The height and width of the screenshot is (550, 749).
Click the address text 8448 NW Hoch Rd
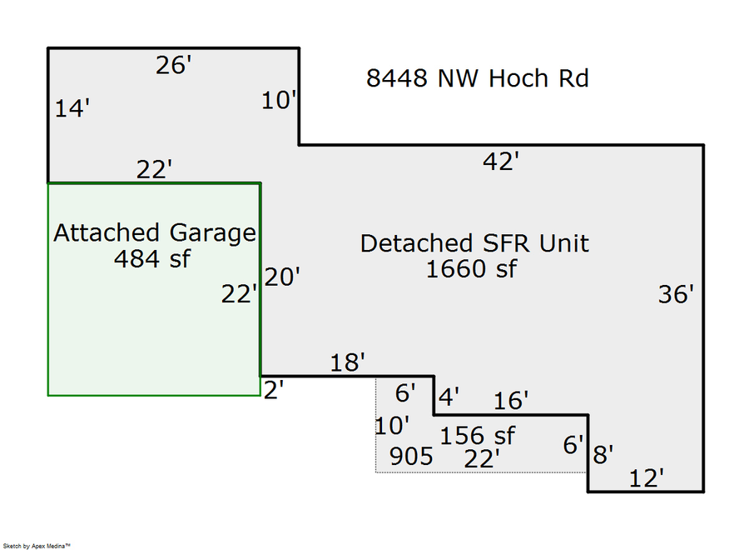coord(478,79)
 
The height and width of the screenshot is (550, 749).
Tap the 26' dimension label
coord(174,66)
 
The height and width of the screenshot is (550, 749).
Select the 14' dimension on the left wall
coord(72,108)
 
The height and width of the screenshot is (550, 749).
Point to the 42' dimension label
coord(501,162)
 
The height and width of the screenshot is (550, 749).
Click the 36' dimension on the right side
coord(675,294)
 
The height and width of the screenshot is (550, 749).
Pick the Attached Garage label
coord(154,232)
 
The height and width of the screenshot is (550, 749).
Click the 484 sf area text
coord(152,259)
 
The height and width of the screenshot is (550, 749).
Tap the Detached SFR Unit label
coord(474,243)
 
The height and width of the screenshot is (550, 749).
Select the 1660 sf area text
coord(471,269)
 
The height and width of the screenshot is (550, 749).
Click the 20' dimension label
coord(282,277)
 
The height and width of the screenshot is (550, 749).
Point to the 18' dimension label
coord(347,362)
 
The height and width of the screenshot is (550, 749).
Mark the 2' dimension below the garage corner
coord(274,389)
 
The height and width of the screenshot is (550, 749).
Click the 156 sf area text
coord(477,436)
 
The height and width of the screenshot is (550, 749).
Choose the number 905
coord(411,457)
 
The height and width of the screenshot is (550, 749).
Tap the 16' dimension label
coord(510,402)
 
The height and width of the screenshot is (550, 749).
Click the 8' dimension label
coord(603,455)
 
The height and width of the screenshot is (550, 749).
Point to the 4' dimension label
coord(449,397)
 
